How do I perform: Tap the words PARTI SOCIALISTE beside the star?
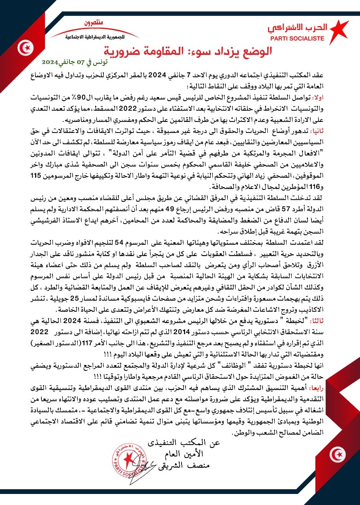pyautogui.click(x=297, y=39)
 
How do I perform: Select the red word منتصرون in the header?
pyautogui.click(x=93, y=24)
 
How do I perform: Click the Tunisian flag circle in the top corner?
pyautogui.click(x=26, y=49)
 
